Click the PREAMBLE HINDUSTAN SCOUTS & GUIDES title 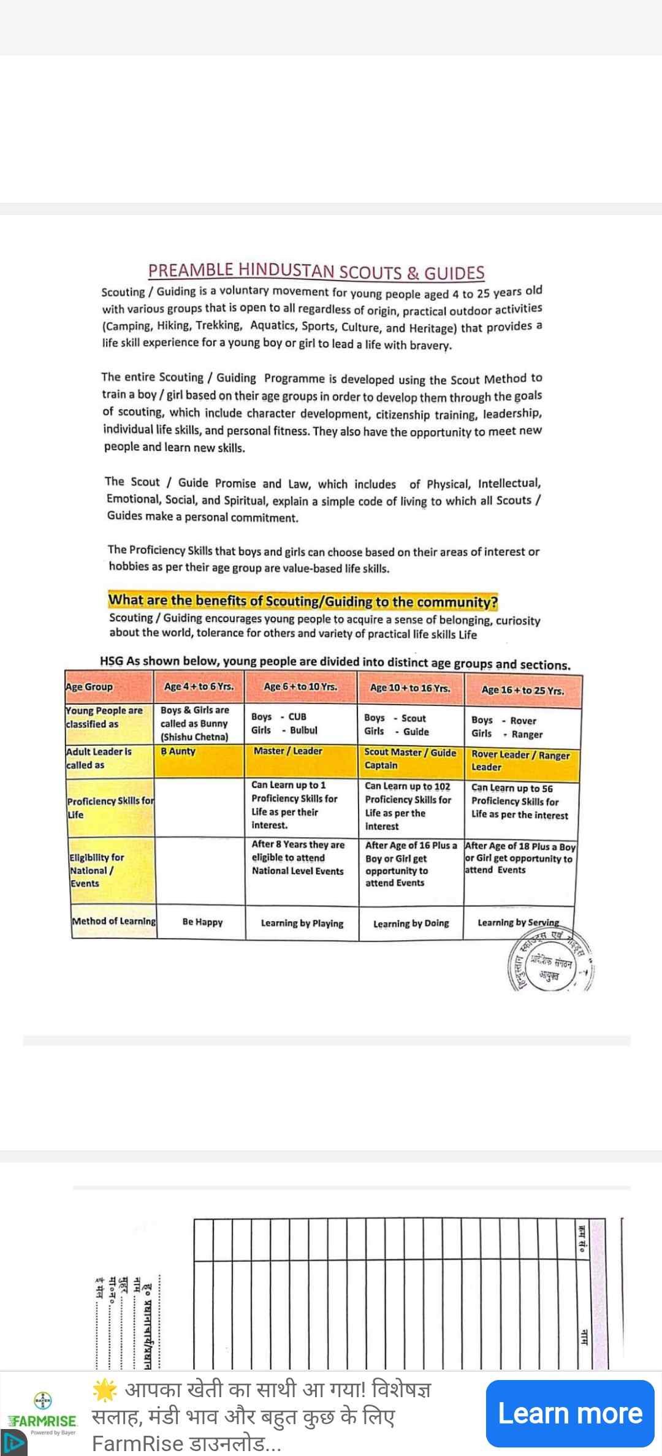tap(316, 271)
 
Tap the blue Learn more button tap(570, 1413)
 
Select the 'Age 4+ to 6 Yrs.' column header tap(199, 687)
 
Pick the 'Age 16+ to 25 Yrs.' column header tap(522, 690)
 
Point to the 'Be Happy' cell tap(202, 922)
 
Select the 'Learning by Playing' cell tap(302, 923)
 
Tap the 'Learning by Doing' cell tap(411, 923)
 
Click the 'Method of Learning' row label tap(113, 921)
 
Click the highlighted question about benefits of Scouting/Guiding tap(303, 601)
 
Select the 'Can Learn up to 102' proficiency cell tap(408, 805)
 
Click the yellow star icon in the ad tap(104, 1390)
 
